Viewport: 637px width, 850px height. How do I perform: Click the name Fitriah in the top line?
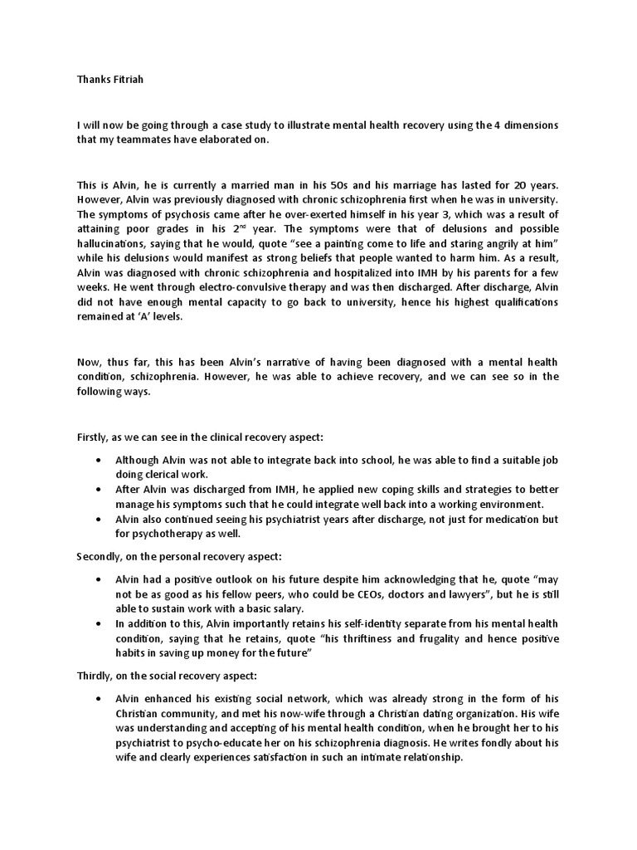[x=122, y=81]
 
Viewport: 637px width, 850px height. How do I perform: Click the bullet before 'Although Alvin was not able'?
[x=100, y=460]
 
